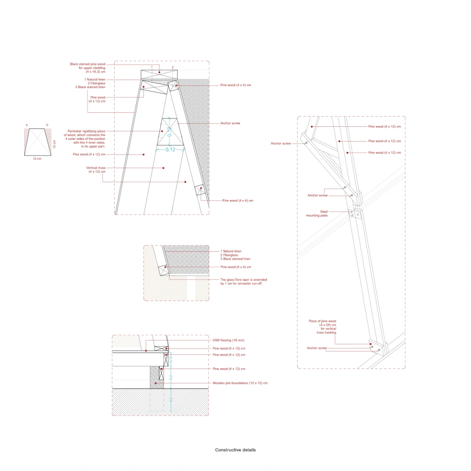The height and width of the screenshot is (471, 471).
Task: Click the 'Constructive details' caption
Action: point(235,450)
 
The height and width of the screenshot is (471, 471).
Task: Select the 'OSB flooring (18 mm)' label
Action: point(228,340)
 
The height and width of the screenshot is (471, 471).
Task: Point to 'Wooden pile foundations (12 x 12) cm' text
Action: point(240,383)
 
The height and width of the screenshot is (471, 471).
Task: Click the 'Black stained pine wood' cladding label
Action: point(88,68)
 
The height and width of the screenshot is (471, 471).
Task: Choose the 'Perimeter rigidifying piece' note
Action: point(84,139)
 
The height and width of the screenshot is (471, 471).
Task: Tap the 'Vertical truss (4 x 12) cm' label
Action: point(95,170)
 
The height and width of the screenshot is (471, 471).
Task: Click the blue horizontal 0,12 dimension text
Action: point(170,150)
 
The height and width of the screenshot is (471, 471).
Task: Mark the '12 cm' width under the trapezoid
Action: point(37,159)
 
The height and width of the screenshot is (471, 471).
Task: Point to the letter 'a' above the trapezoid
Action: point(27,125)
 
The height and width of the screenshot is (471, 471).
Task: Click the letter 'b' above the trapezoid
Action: point(47,125)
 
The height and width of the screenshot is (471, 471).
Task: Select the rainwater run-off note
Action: point(244,281)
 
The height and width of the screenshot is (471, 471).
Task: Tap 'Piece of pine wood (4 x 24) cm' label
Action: point(322,327)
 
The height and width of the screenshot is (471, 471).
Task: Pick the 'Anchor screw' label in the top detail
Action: point(230,123)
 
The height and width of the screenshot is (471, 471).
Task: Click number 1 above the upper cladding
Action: point(152,67)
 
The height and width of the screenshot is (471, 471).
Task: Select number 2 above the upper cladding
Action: point(173,67)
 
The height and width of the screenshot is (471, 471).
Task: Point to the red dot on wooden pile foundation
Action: point(155,383)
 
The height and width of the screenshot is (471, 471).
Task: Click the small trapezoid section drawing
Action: point(38,142)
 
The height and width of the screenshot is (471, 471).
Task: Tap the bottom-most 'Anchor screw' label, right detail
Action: point(316,348)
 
